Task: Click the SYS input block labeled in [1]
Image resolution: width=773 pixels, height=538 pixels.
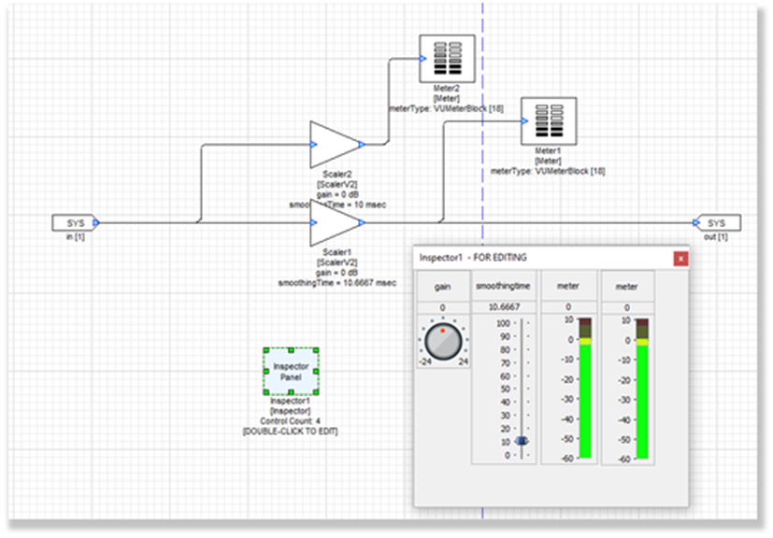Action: point(74,223)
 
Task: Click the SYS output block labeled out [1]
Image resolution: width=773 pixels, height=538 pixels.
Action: point(716,223)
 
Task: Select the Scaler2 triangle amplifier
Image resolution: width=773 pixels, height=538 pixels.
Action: point(334,145)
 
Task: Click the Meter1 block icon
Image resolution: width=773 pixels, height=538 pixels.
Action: point(547,121)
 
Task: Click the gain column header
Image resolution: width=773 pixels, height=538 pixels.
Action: point(442,287)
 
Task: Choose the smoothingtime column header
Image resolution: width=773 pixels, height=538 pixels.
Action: point(504,287)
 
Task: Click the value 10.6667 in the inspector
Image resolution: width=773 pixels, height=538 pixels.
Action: point(504,306)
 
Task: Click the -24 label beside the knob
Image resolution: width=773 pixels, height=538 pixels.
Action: point(425,361)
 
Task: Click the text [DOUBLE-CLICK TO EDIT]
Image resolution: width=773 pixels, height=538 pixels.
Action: point(290,431)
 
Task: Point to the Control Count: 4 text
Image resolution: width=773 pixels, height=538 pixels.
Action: point(290,420)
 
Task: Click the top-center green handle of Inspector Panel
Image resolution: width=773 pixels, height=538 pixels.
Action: point(290,350)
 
